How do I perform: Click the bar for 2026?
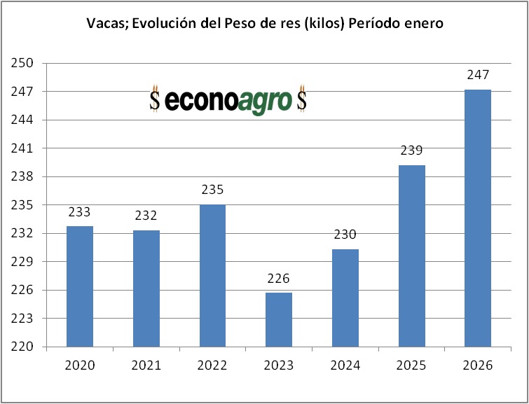(478, 218)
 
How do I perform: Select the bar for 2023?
(279, 319)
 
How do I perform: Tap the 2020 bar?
(80, 286)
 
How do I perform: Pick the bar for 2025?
(412, 256)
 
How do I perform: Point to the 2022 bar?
(212, 275)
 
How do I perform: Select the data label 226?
(279, 279)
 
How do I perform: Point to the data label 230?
(345, 235)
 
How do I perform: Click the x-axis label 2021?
(146, 365)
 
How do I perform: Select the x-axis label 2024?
(345, 365)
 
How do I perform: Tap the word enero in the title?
(423, 24)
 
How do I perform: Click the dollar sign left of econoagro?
(155, 100)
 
